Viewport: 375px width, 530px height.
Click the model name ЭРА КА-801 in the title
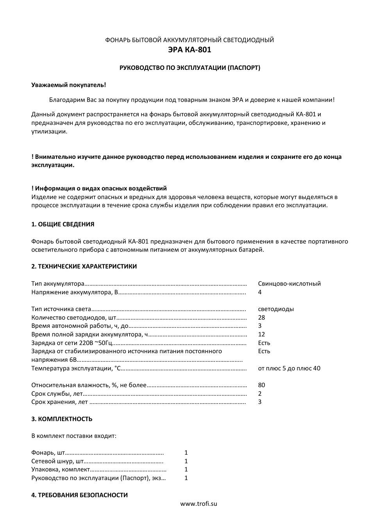coord(189,50)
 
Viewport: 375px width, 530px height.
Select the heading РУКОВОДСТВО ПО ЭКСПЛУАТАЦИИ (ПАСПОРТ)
coord(189,68)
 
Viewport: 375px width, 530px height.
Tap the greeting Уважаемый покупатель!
coord(68,85)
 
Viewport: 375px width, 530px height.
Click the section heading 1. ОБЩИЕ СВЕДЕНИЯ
coord(62,224)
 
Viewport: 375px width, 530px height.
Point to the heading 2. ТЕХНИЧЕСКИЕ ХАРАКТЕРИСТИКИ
coord(84,267)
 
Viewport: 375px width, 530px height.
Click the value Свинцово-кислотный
coord(289,284)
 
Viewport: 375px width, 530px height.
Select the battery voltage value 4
coord(260,292)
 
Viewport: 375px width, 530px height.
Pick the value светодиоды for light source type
coord(276,309)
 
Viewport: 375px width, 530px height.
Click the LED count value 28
coord(261,318)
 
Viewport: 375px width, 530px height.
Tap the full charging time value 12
coord(261,334)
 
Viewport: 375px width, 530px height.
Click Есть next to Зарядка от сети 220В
coord(264,343)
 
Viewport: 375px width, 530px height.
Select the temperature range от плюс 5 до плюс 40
coord(289,368)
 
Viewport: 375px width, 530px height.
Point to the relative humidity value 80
coord(261,385)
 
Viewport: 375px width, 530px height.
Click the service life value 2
coord(260,394)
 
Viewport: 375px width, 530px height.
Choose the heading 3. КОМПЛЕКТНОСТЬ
coord(62,419)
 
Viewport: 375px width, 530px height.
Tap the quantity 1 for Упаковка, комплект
coord(186,470)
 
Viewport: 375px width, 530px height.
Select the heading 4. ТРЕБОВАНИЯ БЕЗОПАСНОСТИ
coord(79,495)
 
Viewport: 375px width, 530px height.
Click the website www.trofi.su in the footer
coord(198,504)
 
